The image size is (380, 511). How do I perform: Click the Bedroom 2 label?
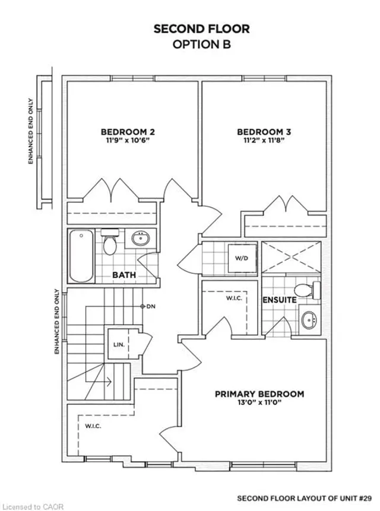point(128,132)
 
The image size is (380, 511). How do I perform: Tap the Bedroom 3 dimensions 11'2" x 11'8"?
point(264,140)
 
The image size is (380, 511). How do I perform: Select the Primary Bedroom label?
point(259,394)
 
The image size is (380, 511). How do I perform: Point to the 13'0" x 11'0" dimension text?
point(259,402)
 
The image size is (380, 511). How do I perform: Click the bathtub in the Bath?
point(81,256)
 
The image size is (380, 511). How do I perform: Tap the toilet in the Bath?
point(110,242)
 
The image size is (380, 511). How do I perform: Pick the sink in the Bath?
point(141,239)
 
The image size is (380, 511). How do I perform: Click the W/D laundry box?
point(242,258)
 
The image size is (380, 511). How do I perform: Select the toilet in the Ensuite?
point(308,290)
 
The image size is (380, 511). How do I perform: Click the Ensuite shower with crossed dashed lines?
point(292,257)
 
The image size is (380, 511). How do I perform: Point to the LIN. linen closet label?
point(119,344)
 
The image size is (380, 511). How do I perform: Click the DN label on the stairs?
point(151,306)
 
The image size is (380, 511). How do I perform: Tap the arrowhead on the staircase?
point(109,382)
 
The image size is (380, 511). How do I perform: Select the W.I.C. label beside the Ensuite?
point(235,298)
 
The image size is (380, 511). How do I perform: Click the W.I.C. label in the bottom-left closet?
point(93,426)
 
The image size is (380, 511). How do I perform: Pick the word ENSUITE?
point(280,300)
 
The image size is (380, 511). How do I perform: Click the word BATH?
point(124,275)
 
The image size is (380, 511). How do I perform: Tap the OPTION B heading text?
point(202,45)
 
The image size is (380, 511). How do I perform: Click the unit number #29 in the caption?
point(365,499)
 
